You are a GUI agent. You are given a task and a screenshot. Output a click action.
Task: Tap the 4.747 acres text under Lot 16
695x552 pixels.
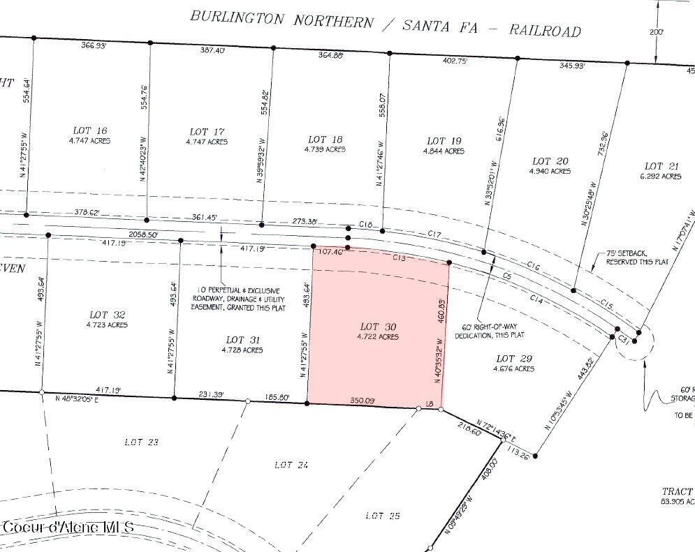coord(90,140)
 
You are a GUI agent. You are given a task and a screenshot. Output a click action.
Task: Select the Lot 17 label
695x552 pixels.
coord(207,131)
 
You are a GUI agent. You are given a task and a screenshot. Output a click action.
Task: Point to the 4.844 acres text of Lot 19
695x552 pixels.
coord(444,151)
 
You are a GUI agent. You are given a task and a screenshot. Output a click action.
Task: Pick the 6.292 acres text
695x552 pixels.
coord(661,177)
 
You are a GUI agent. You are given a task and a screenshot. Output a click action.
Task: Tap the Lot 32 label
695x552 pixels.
coord(107,314)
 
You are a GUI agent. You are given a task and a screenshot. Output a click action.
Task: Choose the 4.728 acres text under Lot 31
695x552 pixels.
coord(243,350)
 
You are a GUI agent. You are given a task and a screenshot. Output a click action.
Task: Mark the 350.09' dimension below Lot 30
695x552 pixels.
coord(362,401)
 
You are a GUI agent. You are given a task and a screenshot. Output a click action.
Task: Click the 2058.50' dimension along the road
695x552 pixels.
coord(145,235)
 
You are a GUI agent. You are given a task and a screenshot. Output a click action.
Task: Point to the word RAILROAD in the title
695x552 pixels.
coord(544,30)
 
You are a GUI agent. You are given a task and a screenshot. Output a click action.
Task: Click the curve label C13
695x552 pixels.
coord(399,258)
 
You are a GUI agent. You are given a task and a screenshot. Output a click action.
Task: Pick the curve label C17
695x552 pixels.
coord(434,234)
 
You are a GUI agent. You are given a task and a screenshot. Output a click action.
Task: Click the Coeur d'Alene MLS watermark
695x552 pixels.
coord(68,528)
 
